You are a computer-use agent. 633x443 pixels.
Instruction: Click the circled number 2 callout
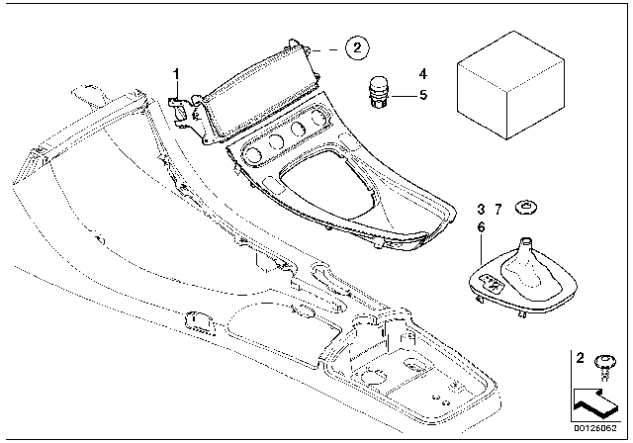(358, 45)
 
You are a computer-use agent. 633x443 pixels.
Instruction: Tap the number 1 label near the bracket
(177, 74)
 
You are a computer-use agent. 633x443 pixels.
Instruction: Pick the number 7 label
(481, 227)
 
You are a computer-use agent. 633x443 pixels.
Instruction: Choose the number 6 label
(498, 209)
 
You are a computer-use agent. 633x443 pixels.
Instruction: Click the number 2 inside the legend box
(581, 357)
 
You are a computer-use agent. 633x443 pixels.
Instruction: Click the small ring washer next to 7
(529, 208)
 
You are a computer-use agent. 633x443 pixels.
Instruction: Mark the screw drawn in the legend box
(602, 370)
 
